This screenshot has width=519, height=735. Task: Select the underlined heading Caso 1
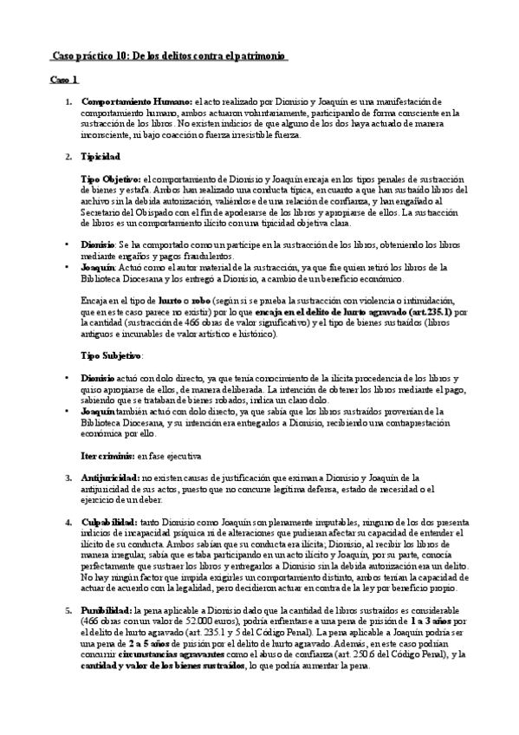[x=63, y=80]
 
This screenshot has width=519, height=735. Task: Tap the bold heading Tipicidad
[x=101, y=156]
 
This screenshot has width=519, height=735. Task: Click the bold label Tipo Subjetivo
[x=110, y=355]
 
